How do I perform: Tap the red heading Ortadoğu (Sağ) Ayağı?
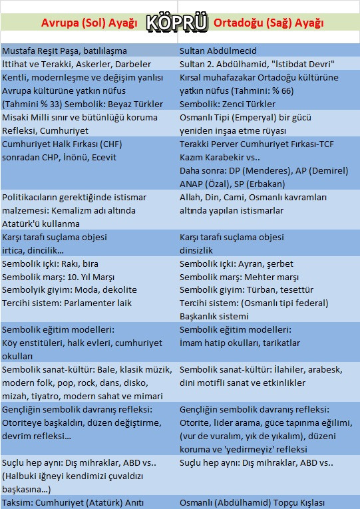click(x=269, y=23)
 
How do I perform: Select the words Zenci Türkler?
click(x=246, y=104)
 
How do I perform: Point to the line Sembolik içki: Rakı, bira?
click(x=51, y=263)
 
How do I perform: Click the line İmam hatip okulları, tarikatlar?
click(x=240, y=343)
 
